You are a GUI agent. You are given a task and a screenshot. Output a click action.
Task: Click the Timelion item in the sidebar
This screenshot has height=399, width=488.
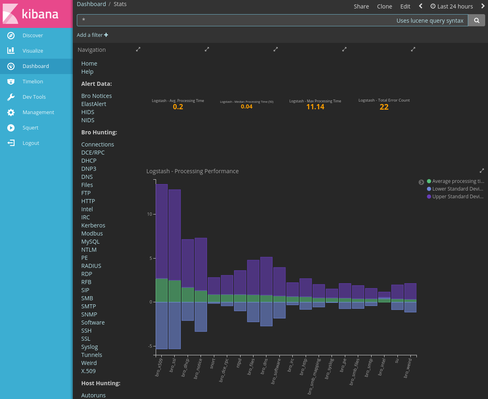click(x=32, y=81)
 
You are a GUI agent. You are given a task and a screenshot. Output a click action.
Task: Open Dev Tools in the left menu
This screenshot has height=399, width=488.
click(x=34, y=97)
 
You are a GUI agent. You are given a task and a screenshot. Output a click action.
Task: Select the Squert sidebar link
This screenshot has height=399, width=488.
click(x=30, y=127)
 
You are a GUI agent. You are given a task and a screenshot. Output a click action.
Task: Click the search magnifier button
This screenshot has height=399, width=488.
click(x=476, y=20)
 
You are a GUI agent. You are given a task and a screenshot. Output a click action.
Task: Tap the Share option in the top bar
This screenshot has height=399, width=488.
click(x=361, y=6)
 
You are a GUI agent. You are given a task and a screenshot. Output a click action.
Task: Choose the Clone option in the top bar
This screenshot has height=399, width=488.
click(x=384, y=6)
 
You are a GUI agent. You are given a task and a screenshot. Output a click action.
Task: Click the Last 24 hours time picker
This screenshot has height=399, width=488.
click(x=452, y=6)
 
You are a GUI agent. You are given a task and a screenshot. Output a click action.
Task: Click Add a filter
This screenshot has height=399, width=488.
click(x=92, y=35)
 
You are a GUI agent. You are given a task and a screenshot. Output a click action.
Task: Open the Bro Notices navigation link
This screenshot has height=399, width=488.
click(x=96, y=96)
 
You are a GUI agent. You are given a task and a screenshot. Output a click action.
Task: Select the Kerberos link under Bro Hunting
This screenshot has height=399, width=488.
click(x=93, y=225)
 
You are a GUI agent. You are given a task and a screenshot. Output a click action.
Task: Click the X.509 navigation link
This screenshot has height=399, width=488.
click(x=88, y=371)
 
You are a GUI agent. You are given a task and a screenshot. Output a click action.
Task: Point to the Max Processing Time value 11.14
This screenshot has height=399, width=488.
click(x=315, y=107)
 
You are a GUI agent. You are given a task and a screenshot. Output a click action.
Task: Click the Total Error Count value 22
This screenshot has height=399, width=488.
click(x=384, y=107)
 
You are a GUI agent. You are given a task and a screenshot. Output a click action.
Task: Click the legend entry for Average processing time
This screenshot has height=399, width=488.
click(x=457, y=181)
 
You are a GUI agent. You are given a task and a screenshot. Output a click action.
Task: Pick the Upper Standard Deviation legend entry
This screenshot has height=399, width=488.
click(x=457, y=197)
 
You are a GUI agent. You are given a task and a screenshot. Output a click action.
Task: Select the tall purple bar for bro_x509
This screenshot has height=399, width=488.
click(x=162, y=231)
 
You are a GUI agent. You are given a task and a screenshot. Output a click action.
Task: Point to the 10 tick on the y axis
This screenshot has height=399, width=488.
click(x=150, y=214)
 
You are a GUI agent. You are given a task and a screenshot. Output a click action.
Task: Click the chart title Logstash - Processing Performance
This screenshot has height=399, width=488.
click(x=192, y=171)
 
